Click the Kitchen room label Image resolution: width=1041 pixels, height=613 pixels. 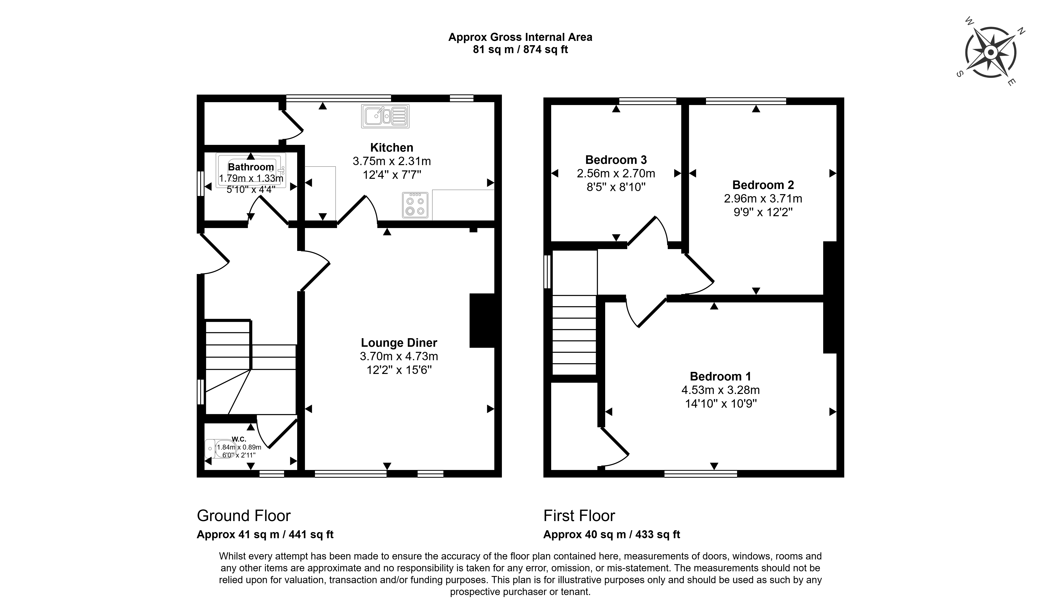click(391, 148)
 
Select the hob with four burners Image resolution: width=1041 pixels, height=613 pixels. click(415, 205)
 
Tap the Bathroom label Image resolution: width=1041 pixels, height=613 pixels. click(251, 167)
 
